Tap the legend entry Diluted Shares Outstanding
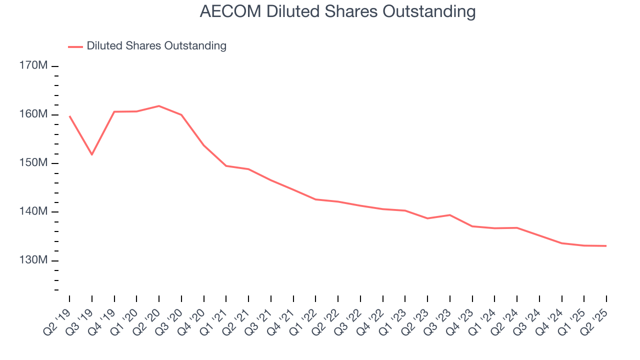156,46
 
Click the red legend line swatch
75,46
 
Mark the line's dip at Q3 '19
92,154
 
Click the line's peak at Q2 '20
159,106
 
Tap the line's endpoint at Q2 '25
606,246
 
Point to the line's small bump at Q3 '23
450,215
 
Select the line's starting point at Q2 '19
69,116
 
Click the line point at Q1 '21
226,165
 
